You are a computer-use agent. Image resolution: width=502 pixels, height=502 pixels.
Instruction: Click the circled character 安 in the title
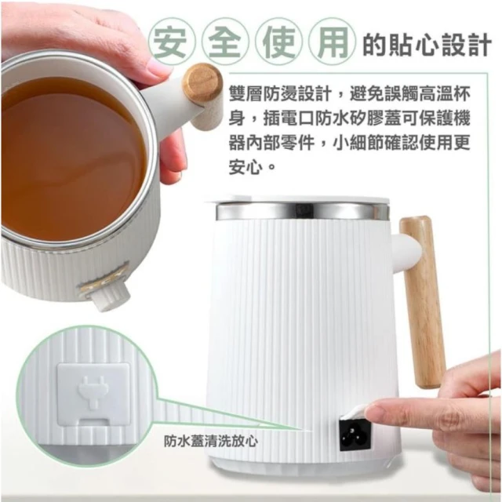click(x=173, y=42)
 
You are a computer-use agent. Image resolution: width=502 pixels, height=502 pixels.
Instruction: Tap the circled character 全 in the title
click(x=226, y=42)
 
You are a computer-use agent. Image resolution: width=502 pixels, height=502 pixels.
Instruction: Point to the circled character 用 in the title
click(x=332, y=42)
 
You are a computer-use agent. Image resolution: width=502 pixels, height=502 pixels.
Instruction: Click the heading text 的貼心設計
click(x=427, y=45)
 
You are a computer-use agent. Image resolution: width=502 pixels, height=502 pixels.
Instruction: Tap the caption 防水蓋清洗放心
click(x=211, y=441)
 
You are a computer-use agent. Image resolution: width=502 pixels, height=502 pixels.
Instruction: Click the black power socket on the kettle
click(x=355, y=435)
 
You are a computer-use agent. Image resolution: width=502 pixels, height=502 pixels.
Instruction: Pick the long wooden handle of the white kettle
click(x=423, y=302)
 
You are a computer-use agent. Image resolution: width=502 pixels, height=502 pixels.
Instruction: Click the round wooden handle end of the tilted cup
click(x=202, y=84)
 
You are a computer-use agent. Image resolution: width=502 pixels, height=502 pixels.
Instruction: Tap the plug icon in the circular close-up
click(x=93, y=391)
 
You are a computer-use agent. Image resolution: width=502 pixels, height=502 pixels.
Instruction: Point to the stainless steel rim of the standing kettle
click(x=303, y=211)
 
